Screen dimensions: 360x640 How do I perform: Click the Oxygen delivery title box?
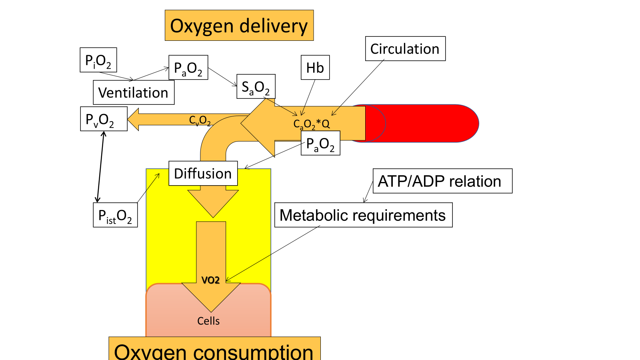coord(239,26)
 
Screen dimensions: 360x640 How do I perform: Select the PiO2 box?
coord(98,60)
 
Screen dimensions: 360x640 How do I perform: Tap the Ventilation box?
coord(134,92)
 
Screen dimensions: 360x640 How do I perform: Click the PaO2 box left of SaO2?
coord(188,68)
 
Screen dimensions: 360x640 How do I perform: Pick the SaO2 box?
coord(256,86)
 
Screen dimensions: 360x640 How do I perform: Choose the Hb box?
coord(315,68)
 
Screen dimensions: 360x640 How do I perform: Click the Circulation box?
coord(405,49)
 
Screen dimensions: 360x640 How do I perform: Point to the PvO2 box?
coord(104,119)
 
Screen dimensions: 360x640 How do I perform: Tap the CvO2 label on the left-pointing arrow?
coord(200,120)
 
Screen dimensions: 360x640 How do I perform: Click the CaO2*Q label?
coord(312,124)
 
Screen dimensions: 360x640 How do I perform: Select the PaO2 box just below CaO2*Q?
coord(320,143)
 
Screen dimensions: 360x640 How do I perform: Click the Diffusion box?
coord(203,173)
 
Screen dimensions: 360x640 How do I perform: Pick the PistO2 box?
coord(115,215)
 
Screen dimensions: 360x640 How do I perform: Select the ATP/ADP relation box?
coord(442,181)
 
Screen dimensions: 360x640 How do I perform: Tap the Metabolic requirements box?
coord(363,215)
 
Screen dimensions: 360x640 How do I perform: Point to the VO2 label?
coord(211,280)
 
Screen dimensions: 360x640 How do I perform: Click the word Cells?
coord(208,321)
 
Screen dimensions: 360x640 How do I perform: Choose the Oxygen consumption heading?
coord(214,350)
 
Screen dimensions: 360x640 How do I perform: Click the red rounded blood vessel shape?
coord(432,123)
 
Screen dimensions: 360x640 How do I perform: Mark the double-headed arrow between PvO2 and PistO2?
coord(100,167)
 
